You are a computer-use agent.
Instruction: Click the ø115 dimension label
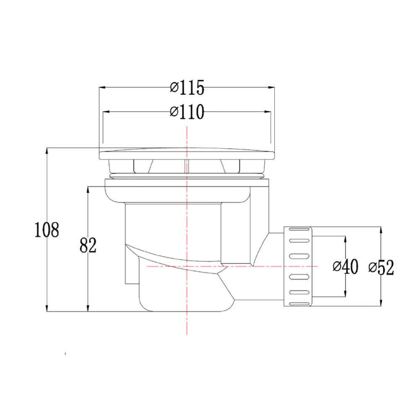187,88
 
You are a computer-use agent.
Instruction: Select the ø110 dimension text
187,112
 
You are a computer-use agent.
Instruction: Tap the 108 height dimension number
47,230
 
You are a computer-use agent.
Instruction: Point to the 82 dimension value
88,246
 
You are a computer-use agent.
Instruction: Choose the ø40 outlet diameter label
345,266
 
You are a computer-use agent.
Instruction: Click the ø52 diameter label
381,267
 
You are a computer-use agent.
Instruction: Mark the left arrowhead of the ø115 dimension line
102,87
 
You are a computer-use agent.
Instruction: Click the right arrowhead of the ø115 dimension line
273,87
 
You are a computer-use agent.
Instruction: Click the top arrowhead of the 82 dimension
87,189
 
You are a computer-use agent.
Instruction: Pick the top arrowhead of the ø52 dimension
381,230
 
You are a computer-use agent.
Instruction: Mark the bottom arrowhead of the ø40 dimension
345,294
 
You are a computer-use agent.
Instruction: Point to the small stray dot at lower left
65,354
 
